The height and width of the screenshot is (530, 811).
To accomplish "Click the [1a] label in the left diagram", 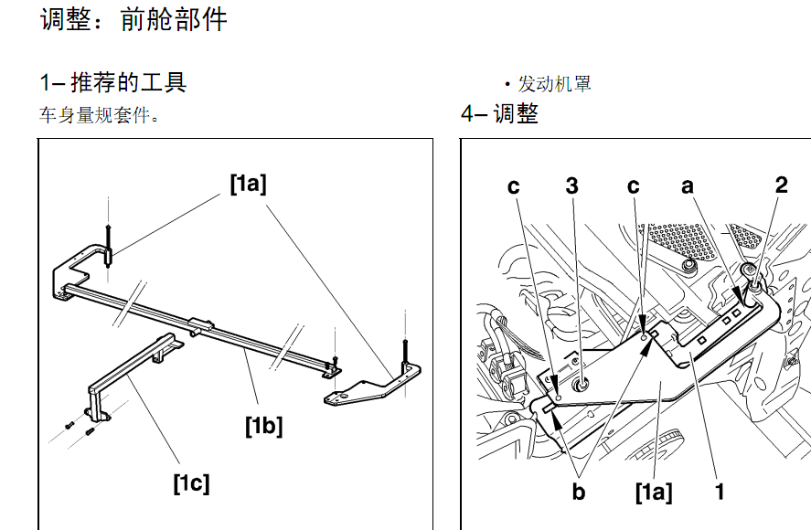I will point(248,184).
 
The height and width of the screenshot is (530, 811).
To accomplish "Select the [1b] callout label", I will point(263,425).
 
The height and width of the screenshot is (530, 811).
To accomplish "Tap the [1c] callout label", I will point(191,482).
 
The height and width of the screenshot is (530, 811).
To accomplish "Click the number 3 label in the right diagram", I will point(571,185).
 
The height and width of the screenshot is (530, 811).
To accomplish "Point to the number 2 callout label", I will point(781,185).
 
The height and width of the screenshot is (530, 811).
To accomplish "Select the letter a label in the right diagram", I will point(688,185).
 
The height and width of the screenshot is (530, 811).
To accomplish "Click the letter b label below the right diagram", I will point(578,493).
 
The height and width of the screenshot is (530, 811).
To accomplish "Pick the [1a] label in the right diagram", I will point(653,493).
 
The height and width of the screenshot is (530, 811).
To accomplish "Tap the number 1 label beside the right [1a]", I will point(720,493).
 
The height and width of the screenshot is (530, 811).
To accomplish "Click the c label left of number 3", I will point(514,185).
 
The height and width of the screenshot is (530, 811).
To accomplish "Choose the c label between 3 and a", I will point(633,185).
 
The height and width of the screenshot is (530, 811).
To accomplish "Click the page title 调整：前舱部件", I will point(133,19).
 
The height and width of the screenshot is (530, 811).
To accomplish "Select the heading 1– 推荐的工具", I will point(113,82).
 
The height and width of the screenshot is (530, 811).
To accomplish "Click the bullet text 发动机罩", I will point(554,84).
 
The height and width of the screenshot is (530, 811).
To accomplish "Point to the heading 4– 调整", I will point(499,114).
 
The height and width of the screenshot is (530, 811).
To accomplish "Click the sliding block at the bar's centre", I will point(201,323).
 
